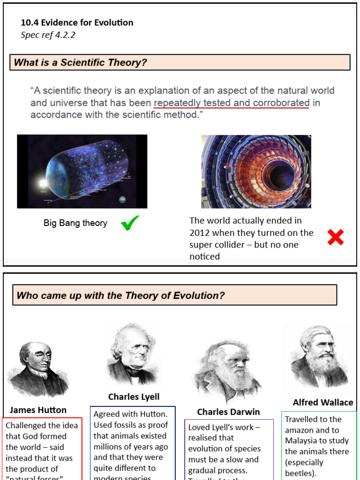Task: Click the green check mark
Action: [x=130, y=224]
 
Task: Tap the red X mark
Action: [x=336, y=237]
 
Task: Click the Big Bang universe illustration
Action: [x=82, y=172]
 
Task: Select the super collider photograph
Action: [x=256, y=172]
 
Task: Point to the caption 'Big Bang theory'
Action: [x=75, y=223]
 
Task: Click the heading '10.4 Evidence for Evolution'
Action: [x=77, y=22]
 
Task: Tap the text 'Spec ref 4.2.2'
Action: [x=48, y=35]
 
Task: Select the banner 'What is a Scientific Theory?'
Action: [x=180, y=62]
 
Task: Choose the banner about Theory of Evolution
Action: [x=174, y=295]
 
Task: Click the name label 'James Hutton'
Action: [x=38, y=410]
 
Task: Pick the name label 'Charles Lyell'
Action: [x=134, y=397]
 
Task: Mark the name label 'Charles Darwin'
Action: [x=228, y=412]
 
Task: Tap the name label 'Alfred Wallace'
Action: [x=323, y=402]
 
